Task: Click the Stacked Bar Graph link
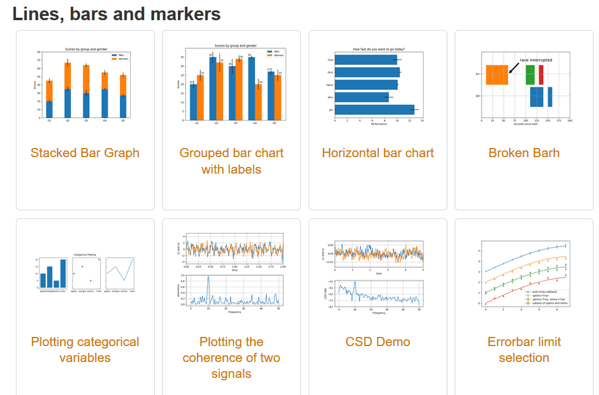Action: (x=85, y=153)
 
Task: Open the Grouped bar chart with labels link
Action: (x=231, y=161)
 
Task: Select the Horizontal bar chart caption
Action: (x=378, y=153)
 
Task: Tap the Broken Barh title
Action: (x=524, y=153)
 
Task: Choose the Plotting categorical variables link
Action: (x=85, y=350)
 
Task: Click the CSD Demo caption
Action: (x=378, y=342)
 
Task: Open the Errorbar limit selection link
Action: (x=524, y=350)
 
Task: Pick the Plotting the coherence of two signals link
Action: (x=231, y=358)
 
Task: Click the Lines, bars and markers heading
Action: (x=116, y=14)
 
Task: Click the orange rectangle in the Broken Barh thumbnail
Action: (x=497, y=75)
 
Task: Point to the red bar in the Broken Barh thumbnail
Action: (x=541, y=75)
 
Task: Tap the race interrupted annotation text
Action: (x=536, y=61)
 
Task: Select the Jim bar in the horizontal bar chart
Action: (x=375, y=109)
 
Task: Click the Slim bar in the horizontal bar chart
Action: (x=362, y=97)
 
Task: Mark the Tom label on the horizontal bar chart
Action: (x=330, y=60)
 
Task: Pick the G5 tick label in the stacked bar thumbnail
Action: (x=123, y=120)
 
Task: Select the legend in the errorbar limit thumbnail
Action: (x=546, y=297)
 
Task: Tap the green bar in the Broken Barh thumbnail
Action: (x=530, y=75)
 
